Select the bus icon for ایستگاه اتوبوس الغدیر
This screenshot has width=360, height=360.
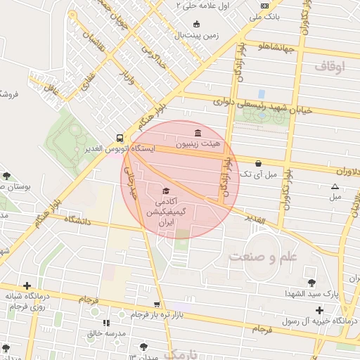pyautogui.click(x=120, y=139)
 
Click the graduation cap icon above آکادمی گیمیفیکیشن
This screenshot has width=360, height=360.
pyautogui.click(x=166, y=191)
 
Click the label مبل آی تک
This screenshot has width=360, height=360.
pyautogui.click(x=259, y=173)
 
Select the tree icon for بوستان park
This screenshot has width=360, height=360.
pyautogui.click(x=6, y=176)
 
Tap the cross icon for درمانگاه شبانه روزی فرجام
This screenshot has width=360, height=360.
pyautogui.click(x=27, y=285)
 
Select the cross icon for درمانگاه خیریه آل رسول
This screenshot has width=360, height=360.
pyautogui.click(x=319, y=310)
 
